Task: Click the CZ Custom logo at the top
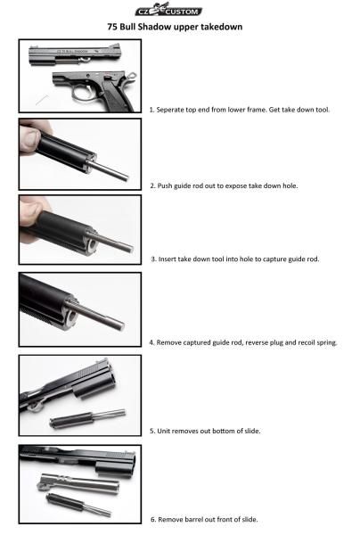pyautogui.click(x=168, y=10)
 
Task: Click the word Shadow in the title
pyautogui.click(x=154, y=27)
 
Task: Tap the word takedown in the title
pyautogui.click(x=221, y=27)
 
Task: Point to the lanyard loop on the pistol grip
pyautogui.click(x=132, y=76)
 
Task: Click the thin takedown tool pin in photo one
pyautogui.click(x=42, y=100)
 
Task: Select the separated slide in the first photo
pyautogui.click(x=74, y=54)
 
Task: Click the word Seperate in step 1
pyautogui.click(x=170, y=110)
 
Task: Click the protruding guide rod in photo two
pyautogui.click(x=109, y=171)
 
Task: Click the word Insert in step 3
pyautogui.click(x=167, y=259)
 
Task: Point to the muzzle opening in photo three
pyautogui.click(x=92, y=245)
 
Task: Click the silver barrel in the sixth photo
pyautogui.click(x=79, y=481)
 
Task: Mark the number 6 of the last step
pyautogui.click(x=153, y=520)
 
